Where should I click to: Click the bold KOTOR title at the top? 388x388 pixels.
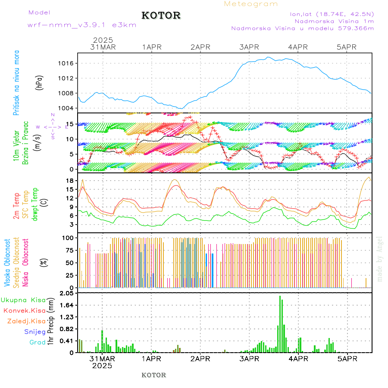(x=161, y=16)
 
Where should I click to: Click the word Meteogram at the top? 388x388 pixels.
(x=251, y=4)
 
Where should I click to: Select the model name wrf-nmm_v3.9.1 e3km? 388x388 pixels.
(x=82, y=25)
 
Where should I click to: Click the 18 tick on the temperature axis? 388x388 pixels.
(x=69, y=181)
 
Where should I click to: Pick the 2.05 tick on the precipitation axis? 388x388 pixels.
(x=67, y=294)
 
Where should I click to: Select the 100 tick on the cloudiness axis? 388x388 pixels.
(x=67, y=238)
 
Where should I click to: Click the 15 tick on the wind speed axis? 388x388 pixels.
(x=69, y=124)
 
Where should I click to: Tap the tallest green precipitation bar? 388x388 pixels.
(x=280, y=323)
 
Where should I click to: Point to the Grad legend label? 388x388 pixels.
(x=37, y=343)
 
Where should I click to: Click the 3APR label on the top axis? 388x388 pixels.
(x=249, y=47)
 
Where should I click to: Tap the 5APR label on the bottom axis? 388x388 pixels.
(x=347, y=359)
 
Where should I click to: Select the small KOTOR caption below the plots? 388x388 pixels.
(x=154, y=375)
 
